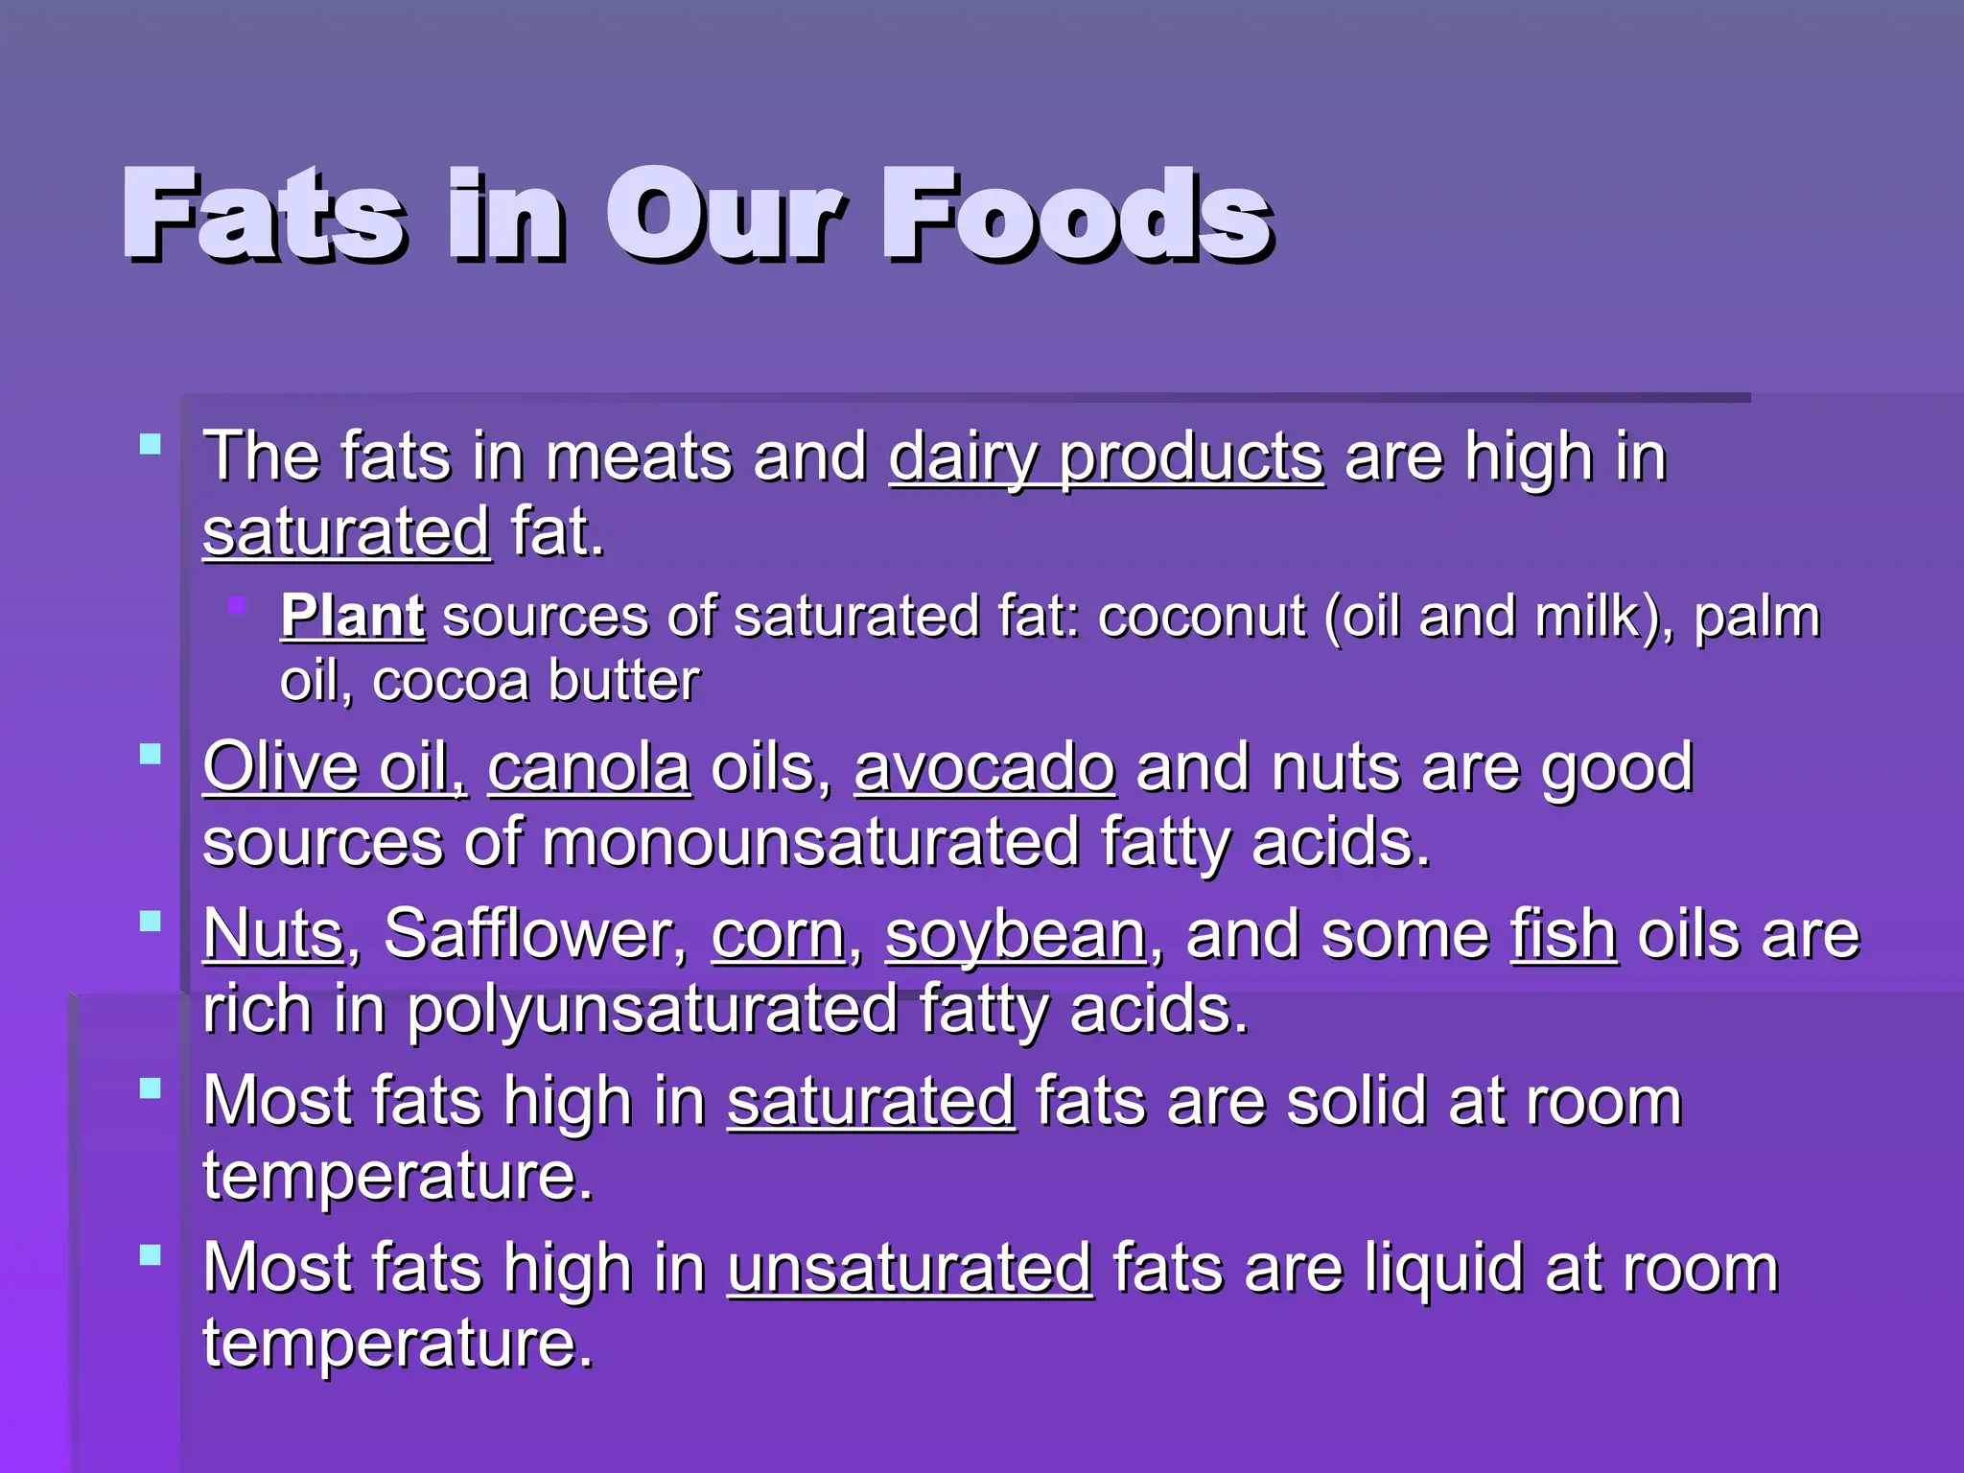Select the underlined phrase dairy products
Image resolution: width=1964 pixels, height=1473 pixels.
tap(1107, 456)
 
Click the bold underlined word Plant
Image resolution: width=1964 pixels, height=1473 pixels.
tap(352, 616)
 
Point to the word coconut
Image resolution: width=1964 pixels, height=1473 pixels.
tap(1202, 616)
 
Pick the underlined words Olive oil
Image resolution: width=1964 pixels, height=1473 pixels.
tap(335, 767)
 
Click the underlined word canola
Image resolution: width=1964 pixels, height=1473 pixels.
tap(589, 767)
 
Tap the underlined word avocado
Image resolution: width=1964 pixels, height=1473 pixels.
tap(985, 767)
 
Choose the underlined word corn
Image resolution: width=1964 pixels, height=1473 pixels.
tap(778, 934)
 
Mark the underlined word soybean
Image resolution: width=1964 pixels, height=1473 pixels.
tap(1016, 934)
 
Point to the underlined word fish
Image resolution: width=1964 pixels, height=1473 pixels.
tap(1564, 934)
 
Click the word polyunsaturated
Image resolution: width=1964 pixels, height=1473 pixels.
tap(652, 1009)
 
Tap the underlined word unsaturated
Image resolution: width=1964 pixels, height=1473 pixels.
tap(909, 1268)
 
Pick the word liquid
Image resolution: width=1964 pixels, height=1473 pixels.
tap(1443, 1268)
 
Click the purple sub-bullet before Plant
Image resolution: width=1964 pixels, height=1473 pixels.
tap(237, 605)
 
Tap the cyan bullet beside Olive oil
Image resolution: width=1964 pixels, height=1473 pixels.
tap(151, 754)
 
